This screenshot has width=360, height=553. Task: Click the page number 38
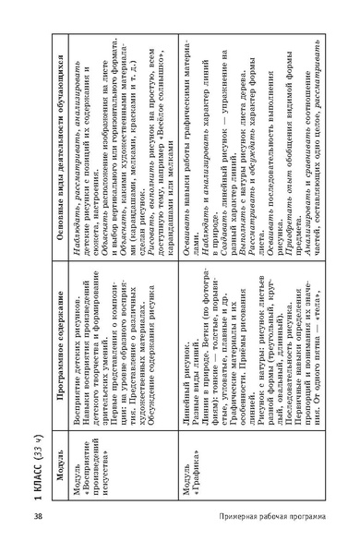coord(37,529)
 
